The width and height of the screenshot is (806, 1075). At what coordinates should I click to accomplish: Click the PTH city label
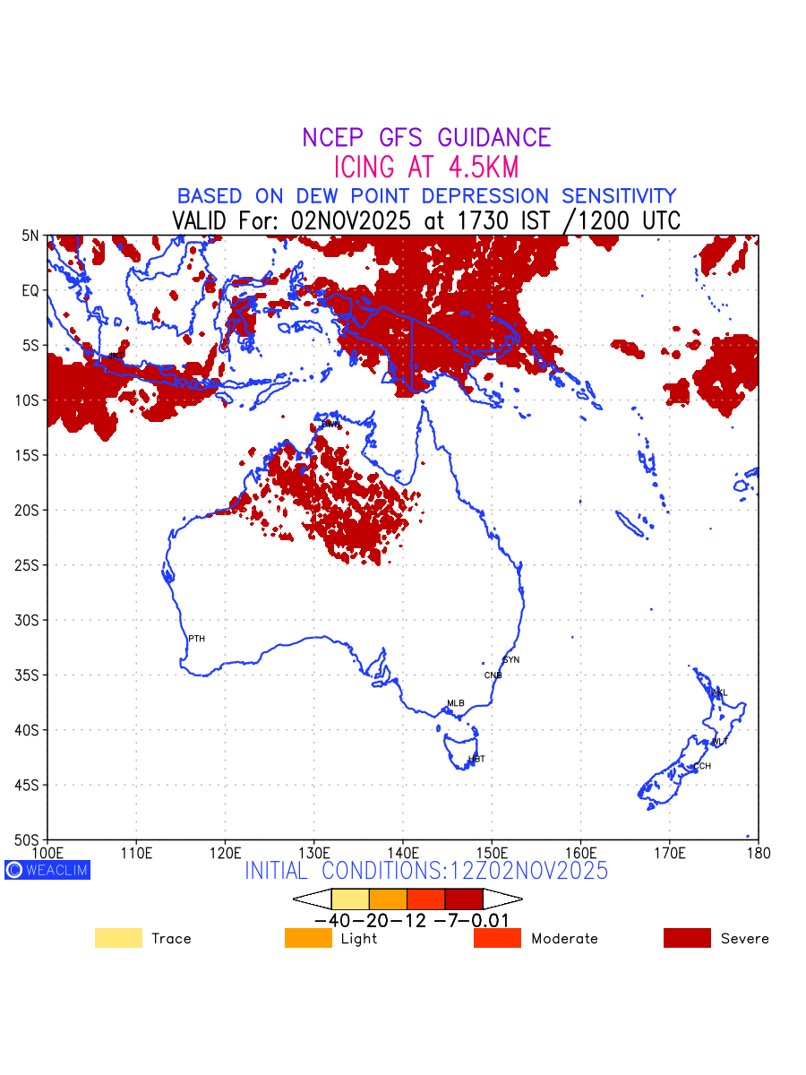(196, 639)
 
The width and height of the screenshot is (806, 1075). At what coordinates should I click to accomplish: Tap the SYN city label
(510, 660)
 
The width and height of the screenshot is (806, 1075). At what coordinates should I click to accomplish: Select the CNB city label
(493, 675)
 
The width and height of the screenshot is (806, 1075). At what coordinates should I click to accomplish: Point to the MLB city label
(456, 703)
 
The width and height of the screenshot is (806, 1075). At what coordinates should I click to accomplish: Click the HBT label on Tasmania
(476, 759)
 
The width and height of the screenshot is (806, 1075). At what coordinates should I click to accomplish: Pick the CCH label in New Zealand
(702, 766)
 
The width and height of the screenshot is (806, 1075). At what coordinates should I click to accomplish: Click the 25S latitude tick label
(29, 565)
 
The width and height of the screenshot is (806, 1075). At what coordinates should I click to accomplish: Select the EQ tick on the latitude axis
(30, 290)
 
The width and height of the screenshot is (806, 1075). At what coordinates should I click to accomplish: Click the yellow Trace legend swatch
(118, 938)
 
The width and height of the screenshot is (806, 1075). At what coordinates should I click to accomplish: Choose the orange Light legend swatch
(308, 938)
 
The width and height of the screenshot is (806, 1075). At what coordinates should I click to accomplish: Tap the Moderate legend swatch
(497, 938)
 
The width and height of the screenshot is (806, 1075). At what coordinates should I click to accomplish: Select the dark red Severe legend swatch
(687, 938)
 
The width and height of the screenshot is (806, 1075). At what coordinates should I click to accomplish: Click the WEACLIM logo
(47, 870)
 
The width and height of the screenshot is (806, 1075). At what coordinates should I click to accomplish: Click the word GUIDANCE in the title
(494, 138)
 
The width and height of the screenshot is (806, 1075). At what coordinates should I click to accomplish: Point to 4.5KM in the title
(479, 168)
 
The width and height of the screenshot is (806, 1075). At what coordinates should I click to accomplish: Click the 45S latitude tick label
(29, 785)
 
